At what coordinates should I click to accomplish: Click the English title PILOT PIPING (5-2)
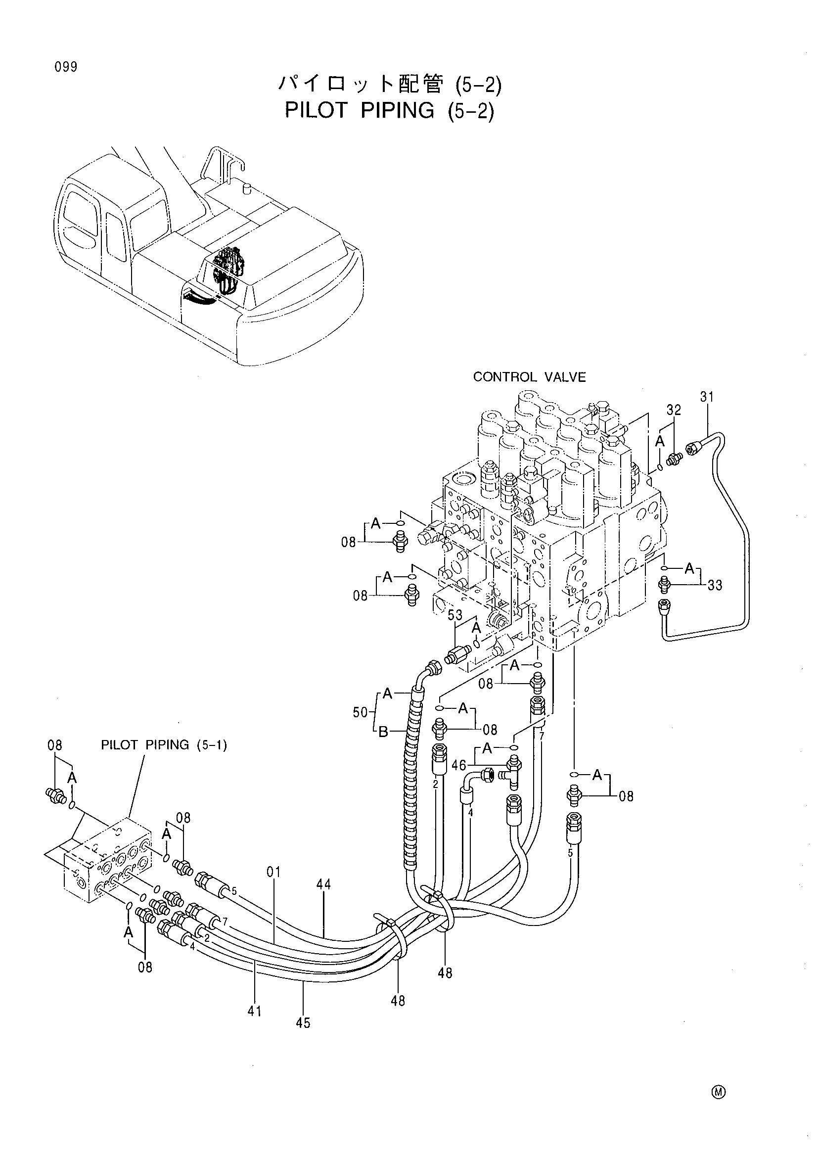point(389,110)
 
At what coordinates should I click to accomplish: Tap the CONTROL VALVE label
point(529,377)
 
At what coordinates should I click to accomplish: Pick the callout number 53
point(455,615)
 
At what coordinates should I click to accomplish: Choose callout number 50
point(361,713)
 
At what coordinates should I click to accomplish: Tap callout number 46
point(458,765)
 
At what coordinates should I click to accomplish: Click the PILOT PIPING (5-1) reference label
point(164,745)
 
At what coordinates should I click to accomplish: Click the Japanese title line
point(389,86)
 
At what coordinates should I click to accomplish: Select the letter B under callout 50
point(383,731)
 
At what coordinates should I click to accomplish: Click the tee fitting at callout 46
point(512,771)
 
